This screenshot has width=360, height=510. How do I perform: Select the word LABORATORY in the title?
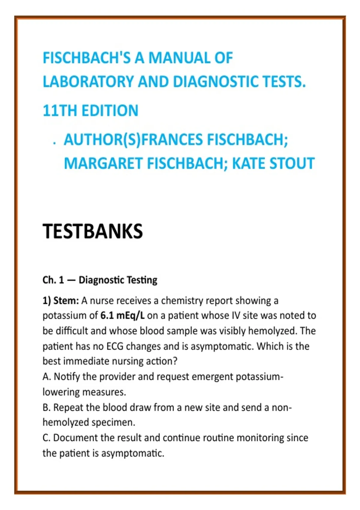pos(88,82)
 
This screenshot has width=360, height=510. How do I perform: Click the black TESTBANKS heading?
pos(93,231)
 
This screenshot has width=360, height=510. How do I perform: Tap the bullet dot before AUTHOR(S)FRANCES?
pos(54,144)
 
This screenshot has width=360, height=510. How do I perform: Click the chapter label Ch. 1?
pos(53,280)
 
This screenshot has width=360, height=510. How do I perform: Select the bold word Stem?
pos(66,301)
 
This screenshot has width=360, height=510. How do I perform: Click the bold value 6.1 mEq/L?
pos(122,316)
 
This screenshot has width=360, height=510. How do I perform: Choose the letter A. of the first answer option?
pos(47,377)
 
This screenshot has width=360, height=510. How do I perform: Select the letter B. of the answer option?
pos(46,407)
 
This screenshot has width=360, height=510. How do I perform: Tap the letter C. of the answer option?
pos(46,438)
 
